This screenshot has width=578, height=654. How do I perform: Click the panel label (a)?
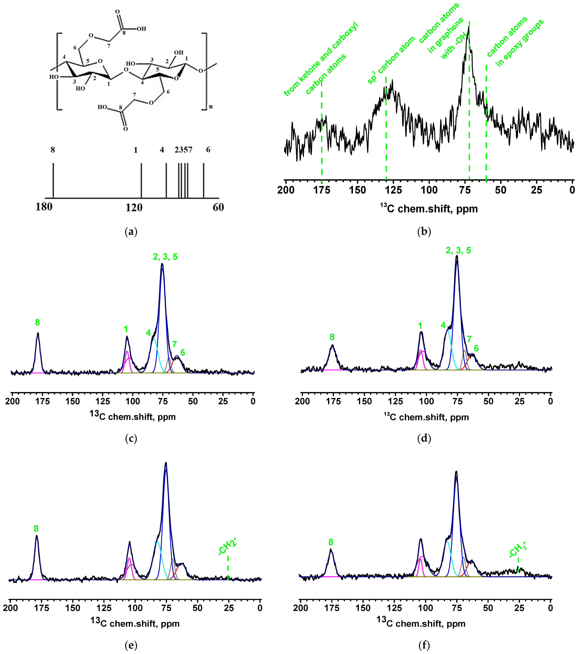[131, 231]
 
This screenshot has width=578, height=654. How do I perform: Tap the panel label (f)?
[424, 645]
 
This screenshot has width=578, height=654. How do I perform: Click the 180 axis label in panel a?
[44, 207]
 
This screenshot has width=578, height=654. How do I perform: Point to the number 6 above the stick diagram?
[208, 150]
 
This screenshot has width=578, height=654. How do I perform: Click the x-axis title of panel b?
[429, 209]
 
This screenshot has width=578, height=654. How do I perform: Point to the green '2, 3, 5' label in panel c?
[165, 257]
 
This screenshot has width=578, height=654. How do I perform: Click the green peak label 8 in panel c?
[38, 323]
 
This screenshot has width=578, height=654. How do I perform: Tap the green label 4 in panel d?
[443, 325]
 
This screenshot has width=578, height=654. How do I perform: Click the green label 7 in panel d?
[469, 339]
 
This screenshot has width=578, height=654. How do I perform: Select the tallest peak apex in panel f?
[456, 471]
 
